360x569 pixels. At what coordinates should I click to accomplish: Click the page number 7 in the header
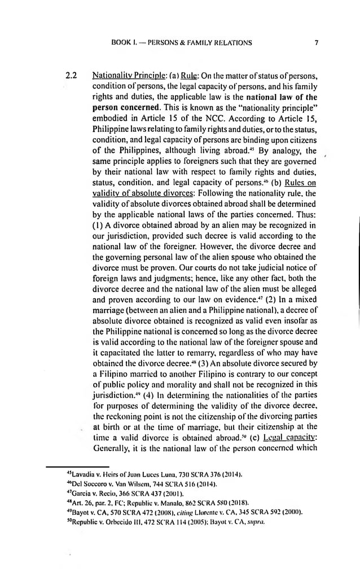tap(318, 42)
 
